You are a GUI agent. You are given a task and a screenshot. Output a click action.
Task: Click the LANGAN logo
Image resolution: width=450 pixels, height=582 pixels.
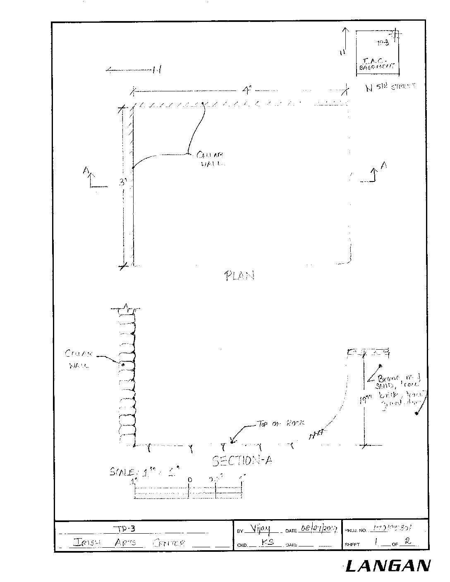(x=388, y=565)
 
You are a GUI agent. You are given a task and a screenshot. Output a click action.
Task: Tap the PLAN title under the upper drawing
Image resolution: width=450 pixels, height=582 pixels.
(x=239, y=275)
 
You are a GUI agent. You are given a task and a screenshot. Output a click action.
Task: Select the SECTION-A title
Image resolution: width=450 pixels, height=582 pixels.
(x=242, y=460)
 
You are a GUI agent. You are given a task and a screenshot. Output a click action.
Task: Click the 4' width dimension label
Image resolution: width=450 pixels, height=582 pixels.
(x=247, y=90)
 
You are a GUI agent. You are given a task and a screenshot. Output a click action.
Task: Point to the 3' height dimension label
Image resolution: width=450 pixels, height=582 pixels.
(x=122, y=182)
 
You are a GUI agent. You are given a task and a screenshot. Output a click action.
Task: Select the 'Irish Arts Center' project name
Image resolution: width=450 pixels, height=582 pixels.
(x=129, y=543)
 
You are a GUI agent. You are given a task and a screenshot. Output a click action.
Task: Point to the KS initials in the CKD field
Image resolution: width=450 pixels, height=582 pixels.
(x=268, y=542)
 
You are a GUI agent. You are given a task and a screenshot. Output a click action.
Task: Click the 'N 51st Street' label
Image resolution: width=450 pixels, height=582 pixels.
(x=390, y=87)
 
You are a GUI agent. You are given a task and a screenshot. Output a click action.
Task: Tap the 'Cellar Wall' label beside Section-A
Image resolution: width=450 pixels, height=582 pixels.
(x=79, y=359)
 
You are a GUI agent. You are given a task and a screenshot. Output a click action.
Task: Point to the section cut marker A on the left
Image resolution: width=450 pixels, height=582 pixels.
(x=86, y=171)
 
